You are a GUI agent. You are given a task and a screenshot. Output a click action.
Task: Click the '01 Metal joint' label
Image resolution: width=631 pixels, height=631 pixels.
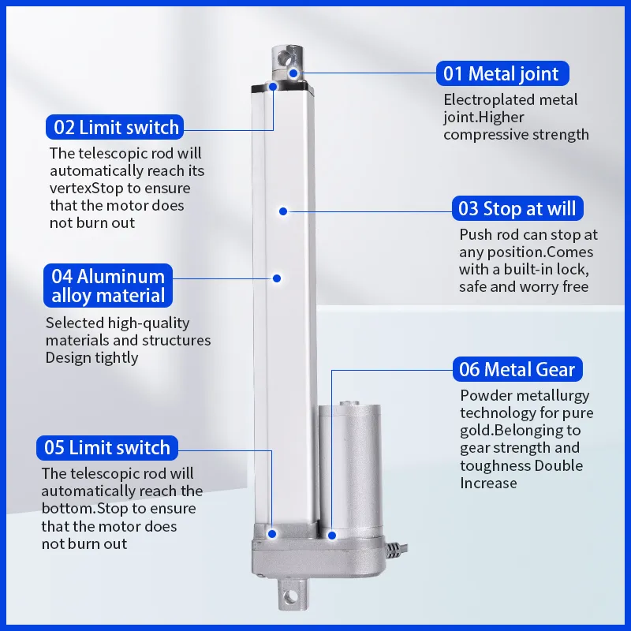tap(502, 73)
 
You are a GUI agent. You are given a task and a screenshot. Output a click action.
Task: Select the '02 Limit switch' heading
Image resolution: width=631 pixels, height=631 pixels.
tap(114, 127)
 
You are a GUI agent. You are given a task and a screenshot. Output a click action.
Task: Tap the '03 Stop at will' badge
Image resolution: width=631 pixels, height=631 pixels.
tap(517, 208)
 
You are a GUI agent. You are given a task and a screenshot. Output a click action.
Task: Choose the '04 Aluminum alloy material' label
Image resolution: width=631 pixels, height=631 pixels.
tap(108, 286)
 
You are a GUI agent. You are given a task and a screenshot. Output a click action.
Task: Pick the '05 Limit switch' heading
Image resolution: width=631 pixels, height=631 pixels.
tap(107, 447)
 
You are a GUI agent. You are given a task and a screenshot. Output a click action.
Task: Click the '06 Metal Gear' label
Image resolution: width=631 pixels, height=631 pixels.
tap(517, 369)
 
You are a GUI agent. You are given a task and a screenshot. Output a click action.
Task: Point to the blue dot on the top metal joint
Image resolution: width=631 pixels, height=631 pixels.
tap(293, 73)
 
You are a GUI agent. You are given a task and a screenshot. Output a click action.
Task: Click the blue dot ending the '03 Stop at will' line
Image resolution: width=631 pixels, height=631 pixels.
tap(283, 211)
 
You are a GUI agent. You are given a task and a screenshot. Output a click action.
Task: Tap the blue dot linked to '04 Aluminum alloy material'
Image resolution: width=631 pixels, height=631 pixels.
tap(277, 278)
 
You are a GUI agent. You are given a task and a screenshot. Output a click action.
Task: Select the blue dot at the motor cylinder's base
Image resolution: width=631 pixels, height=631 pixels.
tap(332, 536)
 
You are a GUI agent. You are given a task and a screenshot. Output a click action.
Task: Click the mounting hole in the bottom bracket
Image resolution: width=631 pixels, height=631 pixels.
tap(289, 597)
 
